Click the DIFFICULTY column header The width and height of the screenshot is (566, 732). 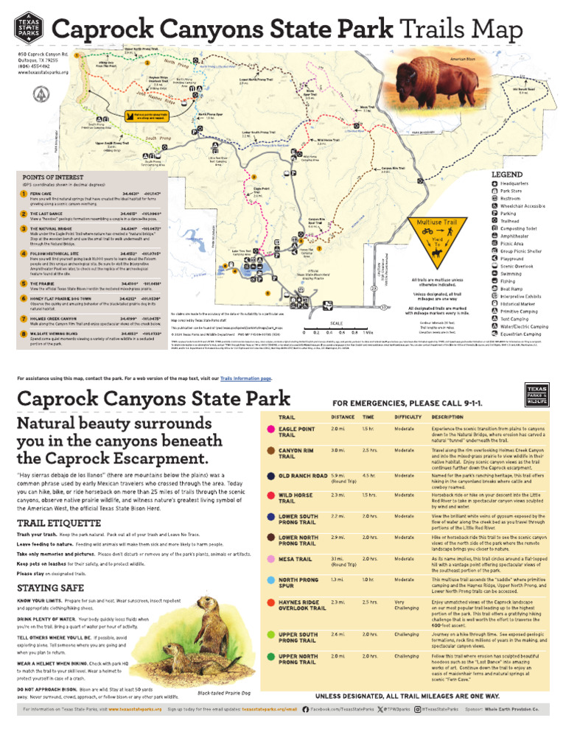[408, 417]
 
